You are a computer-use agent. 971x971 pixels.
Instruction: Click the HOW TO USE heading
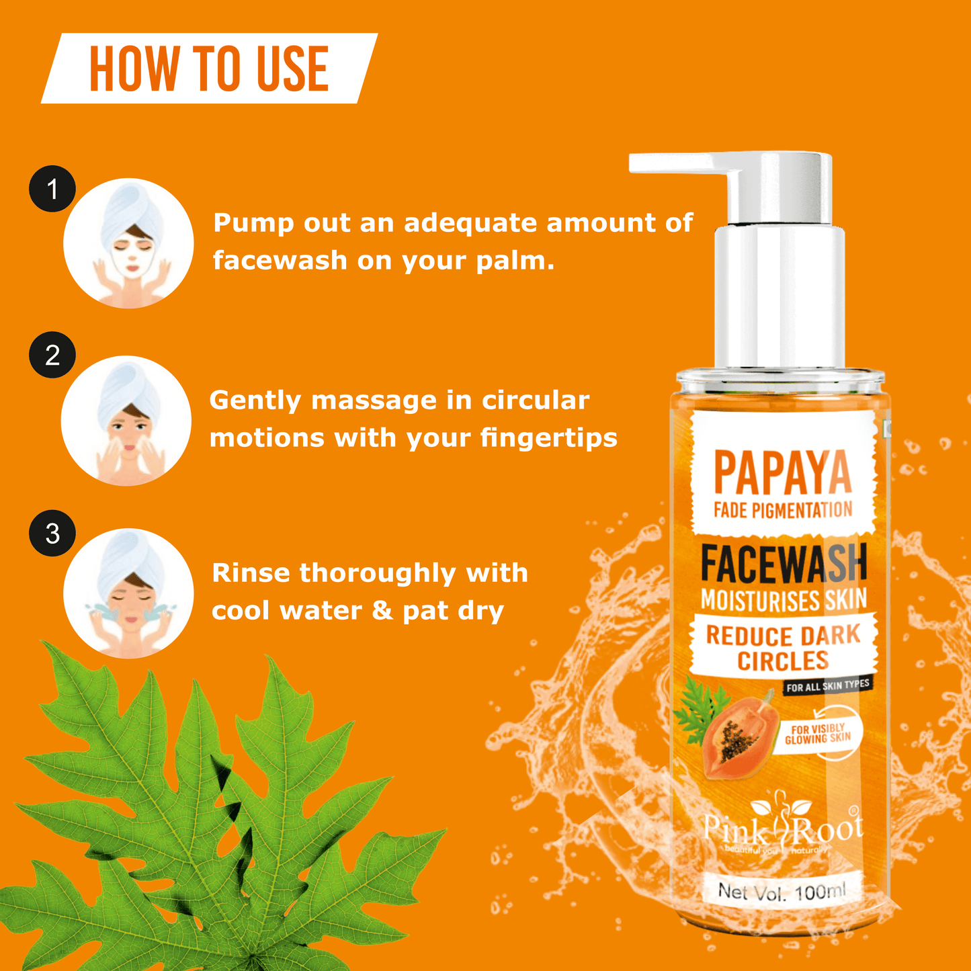click(x=209, y=69)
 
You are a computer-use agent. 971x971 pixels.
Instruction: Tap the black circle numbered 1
click(x=52, y=189)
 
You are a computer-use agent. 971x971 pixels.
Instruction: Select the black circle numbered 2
click(x=52, y=355)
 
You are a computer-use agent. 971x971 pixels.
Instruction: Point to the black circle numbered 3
click(x=52, y=534)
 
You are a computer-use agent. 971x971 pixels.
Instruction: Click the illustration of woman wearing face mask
click(x=128, y=243)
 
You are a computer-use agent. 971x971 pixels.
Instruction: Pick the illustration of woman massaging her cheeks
click(x=126, y=421)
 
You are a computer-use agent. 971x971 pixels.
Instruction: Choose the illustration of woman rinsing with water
click(x=128, y=593)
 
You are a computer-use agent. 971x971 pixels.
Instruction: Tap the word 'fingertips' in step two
click(x=548, y=438)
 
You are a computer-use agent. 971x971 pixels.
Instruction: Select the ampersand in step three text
click(x=382, y=610)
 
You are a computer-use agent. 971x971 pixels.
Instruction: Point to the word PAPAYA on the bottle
click(x=782, y=473)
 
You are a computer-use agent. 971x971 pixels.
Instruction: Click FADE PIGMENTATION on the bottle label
click(x=783, y=511)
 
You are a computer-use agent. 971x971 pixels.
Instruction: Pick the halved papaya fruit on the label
click(x=735, y=736)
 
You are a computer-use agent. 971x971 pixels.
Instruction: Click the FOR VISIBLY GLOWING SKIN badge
click(x=818, y=734)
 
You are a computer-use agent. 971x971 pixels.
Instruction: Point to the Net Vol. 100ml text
click(x=782, y=892)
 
